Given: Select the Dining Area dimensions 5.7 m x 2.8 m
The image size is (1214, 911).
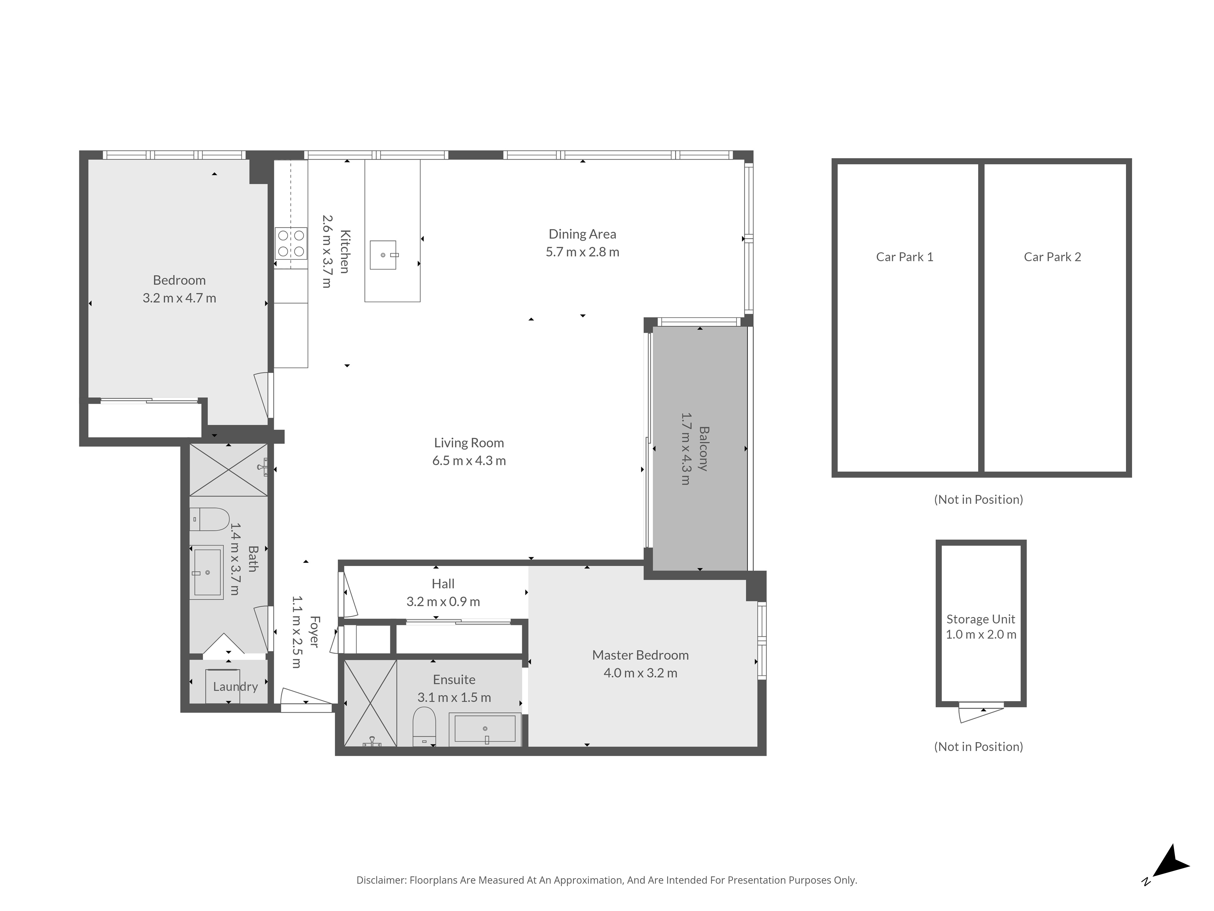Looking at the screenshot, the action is (582, 252).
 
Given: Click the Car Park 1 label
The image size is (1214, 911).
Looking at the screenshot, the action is (904, 257).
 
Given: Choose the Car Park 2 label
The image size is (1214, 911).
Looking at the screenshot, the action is (1052, 257).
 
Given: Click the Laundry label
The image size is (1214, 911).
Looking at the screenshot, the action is (236, 686).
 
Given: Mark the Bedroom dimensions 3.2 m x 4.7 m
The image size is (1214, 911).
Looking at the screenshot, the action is (179, 298).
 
